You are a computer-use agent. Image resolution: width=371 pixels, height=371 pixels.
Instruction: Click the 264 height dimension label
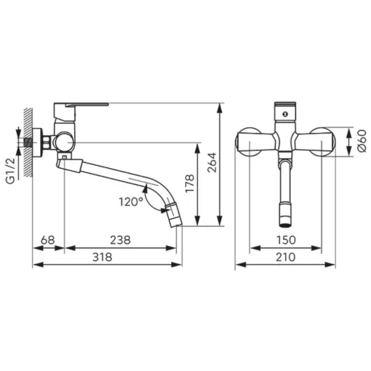[212, 162]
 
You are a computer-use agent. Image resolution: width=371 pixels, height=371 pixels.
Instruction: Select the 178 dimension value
[190, 183]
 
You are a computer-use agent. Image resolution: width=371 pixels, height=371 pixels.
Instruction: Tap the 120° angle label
[131, 202]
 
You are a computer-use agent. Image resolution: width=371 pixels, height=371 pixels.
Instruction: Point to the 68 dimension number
[48, 240]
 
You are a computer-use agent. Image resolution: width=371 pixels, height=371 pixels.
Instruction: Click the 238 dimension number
[120, 240]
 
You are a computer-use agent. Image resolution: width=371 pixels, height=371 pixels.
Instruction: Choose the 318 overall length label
[103, 257]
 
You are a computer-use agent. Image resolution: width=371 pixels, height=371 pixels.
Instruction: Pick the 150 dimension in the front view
[286, 240]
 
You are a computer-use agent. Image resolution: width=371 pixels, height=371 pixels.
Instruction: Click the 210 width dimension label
[285, 257]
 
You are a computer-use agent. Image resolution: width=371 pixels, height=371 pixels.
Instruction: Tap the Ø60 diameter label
[362, 141]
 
